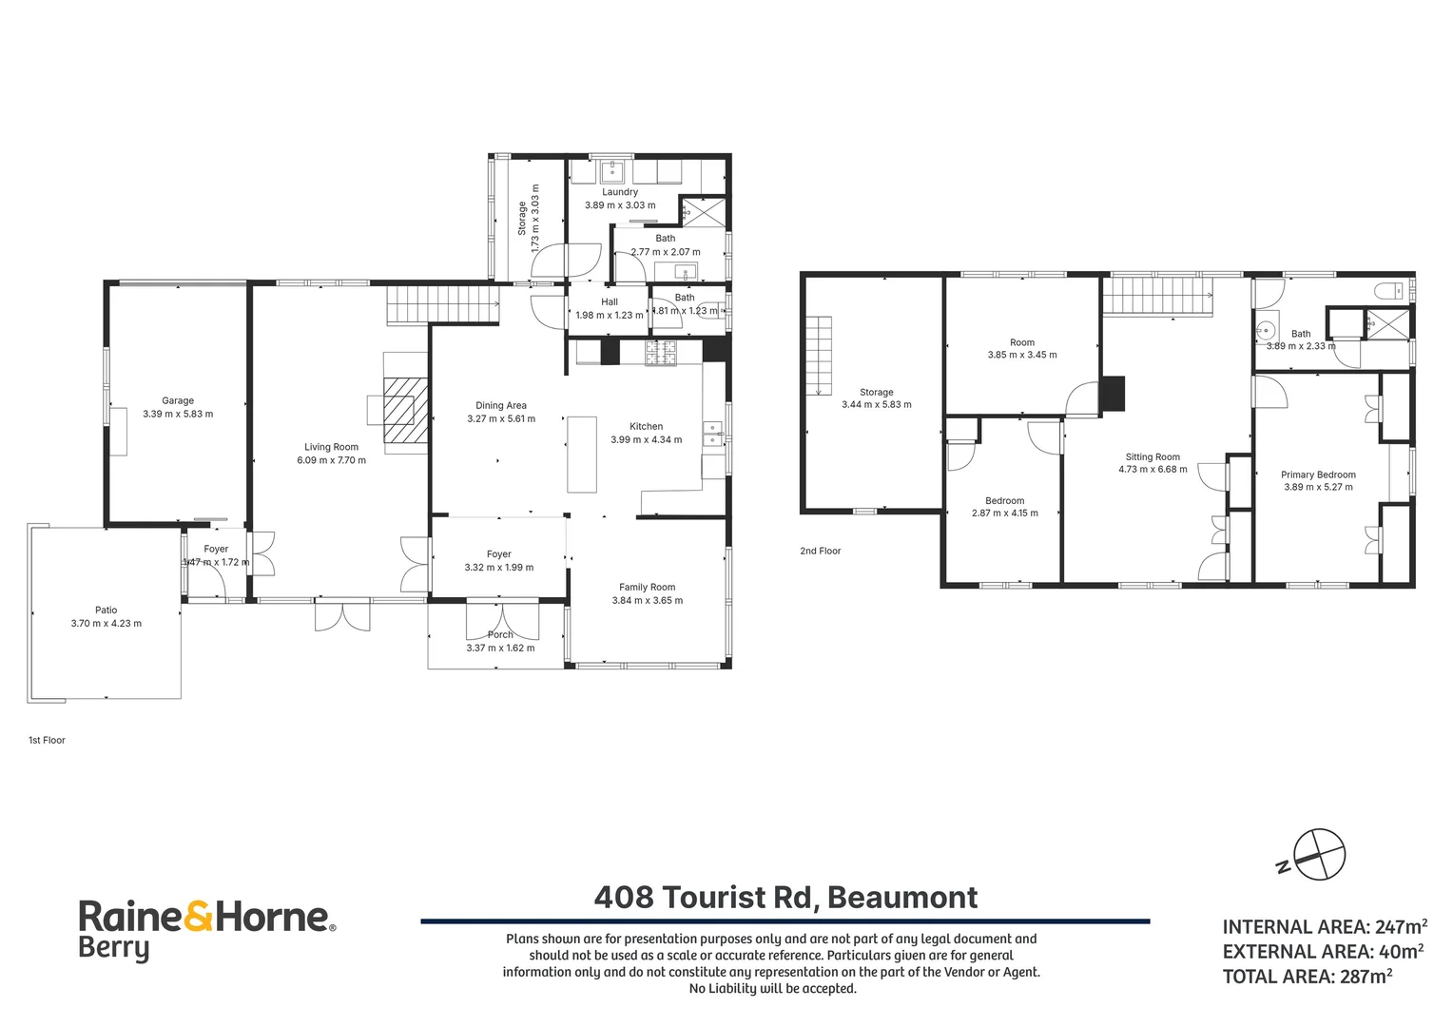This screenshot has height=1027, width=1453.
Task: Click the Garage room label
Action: [178, 401]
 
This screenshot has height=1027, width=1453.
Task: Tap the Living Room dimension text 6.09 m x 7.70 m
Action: [332, 460]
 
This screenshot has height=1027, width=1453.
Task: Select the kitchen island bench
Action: [582, 455]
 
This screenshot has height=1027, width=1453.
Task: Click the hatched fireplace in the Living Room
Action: [405, 411]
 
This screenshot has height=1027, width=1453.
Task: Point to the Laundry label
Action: [620, 192]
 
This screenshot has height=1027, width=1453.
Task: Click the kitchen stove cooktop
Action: [661, 354]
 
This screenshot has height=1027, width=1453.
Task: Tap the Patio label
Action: [107, 610]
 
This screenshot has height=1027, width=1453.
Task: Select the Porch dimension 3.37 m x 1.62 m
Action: [501, 648]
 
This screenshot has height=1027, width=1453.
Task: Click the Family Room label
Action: [648, 587]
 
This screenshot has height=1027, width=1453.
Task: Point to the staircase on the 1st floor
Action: [444, 305]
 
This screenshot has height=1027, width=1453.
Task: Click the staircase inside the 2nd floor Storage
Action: [820, 357]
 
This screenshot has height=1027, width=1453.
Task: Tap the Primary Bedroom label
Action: [1319, 475]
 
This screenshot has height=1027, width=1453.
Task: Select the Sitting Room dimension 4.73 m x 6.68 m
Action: [1153, 469]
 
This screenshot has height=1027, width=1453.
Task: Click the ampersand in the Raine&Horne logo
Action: [199, 918]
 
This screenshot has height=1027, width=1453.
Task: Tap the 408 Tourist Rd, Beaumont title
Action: [785, 898]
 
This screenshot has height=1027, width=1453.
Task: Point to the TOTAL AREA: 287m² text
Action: [1308, 977]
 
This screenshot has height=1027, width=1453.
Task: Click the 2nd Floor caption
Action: [821, 551]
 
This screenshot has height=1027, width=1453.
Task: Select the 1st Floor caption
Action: [48, 740]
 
